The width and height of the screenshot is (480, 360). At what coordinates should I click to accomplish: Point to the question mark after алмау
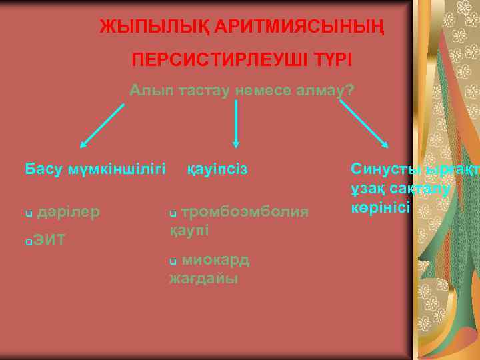348,92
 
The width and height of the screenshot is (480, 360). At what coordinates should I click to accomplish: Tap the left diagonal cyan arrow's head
83,144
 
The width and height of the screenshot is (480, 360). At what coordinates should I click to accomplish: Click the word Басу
43,169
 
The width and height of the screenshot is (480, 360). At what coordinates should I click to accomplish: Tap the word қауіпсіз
217,169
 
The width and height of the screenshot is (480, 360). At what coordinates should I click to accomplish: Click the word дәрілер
69,212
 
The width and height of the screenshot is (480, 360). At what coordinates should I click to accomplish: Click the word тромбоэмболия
245,212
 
